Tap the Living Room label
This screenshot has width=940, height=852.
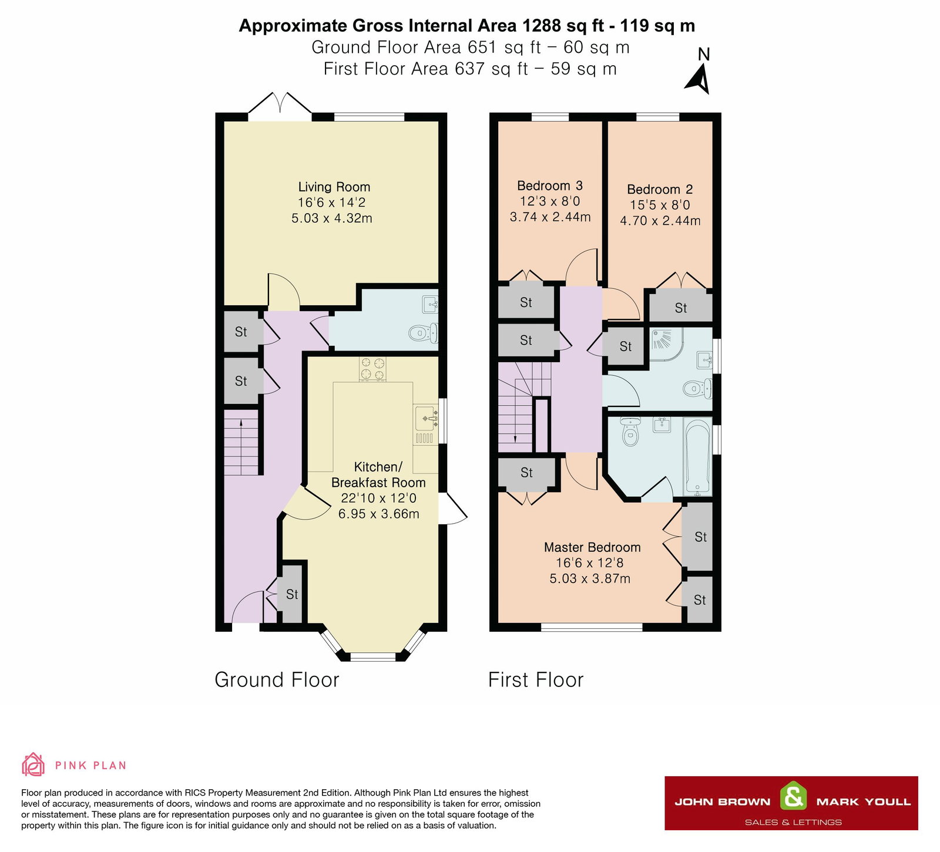click(x=334, y=187)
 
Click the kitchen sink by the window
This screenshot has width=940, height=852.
click(x=425, y=419)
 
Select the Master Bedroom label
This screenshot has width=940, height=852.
click(x=592, y=547)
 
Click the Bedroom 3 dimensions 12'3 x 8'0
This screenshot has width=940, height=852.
click(x=550, y=201)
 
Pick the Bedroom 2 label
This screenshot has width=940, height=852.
click(x=659, y=190)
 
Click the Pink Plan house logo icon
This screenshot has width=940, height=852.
click(x=33, y=765)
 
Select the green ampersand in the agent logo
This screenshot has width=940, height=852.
click(x=793, y=797)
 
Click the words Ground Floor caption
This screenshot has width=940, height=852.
click(x=277, y=679)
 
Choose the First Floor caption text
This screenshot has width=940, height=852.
click(x=535, y=679)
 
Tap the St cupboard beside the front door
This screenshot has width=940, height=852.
click(x=291, y=594)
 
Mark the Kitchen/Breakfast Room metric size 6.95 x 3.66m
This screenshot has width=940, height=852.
click(x=378, y=514)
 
